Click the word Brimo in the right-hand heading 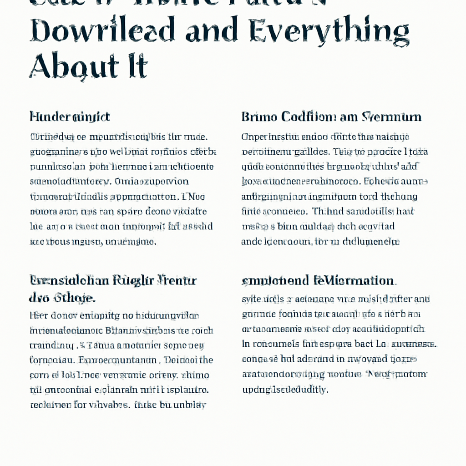point(258,117)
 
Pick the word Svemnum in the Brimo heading point(391,117)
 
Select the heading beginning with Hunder point(70,117)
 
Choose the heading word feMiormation point(355,280)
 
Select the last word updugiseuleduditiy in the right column point(285,390)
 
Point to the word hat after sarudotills point(405,212)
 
